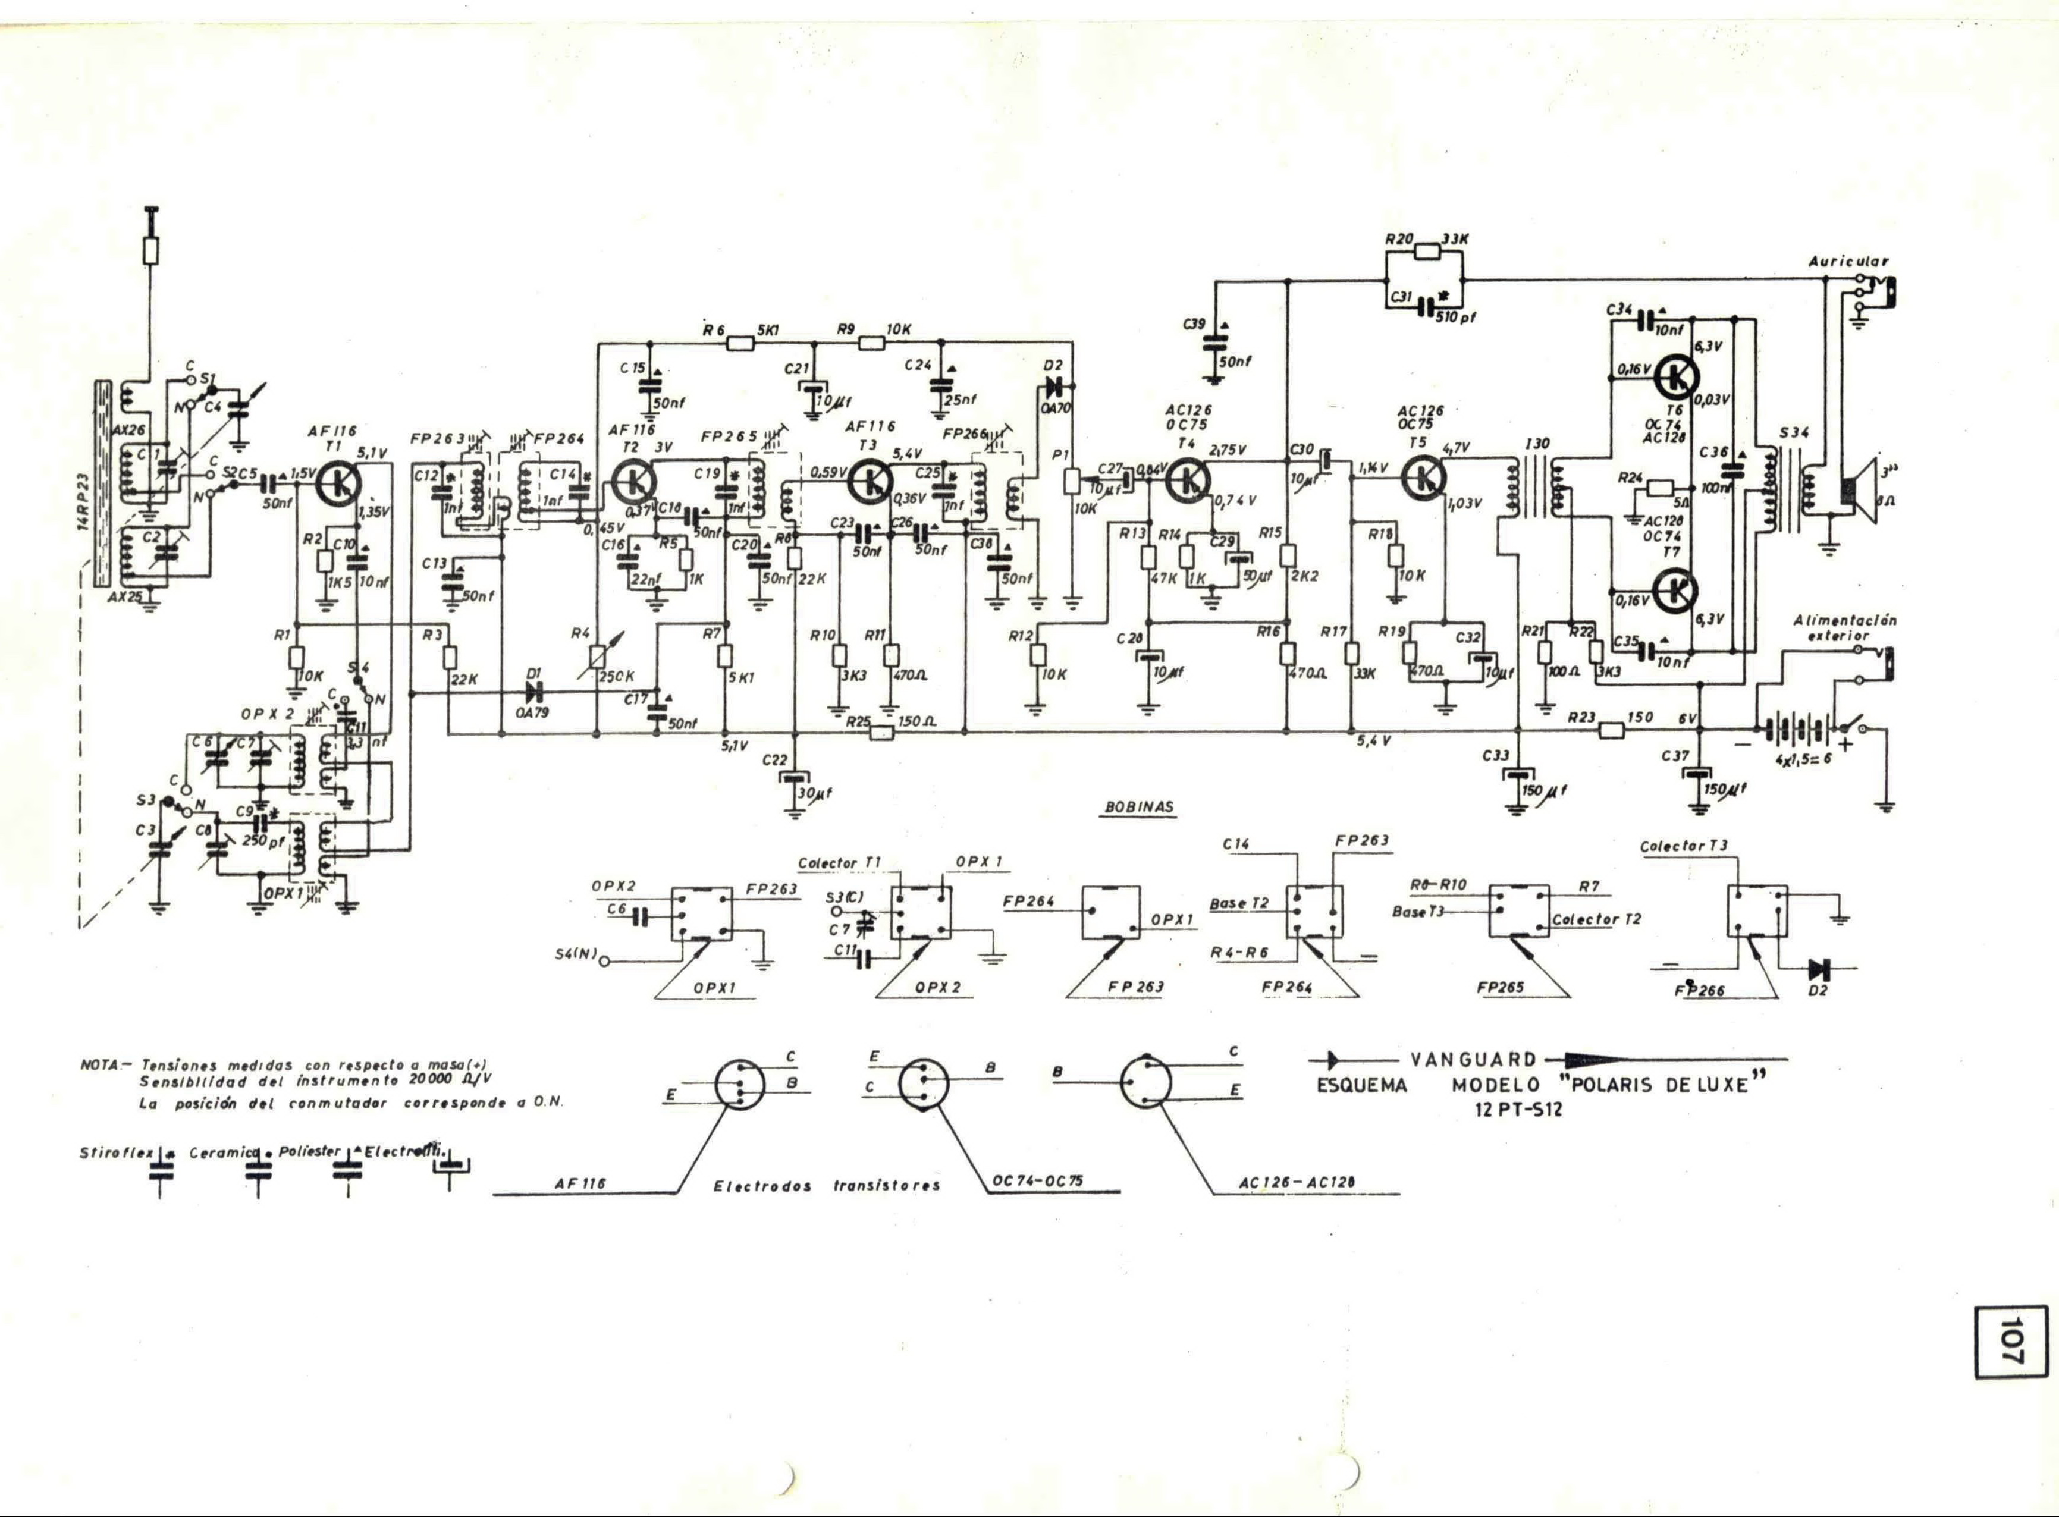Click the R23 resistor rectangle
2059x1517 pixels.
[1612, 731]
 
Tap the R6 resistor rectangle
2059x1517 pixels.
[740, 344]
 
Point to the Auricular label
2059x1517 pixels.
[1848, 262]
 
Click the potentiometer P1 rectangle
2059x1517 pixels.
[1070, 481]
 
